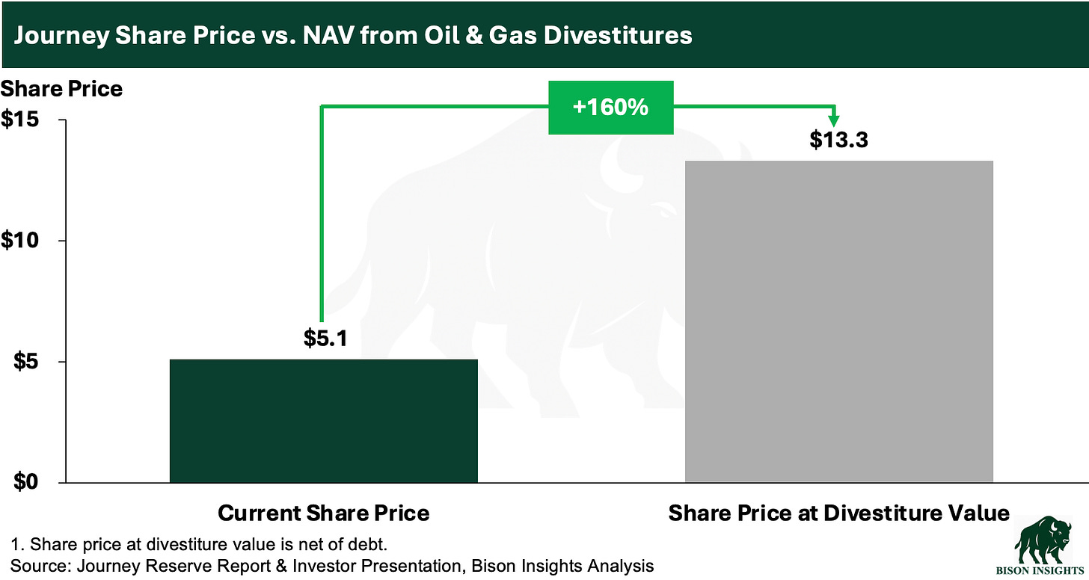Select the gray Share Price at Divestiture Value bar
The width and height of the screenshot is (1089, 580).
pyautogui.click(x=838, y=321)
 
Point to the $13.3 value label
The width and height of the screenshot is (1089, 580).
pyautogui.click(x=838, y=140)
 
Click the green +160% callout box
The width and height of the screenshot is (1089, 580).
pyautogui.click(x=610, y=108)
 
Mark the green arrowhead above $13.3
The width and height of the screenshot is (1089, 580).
pyautogui.click(x=835, y=120)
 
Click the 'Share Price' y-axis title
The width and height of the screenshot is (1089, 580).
pyautogui.click(x=61, y=89)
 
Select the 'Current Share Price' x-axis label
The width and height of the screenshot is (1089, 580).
pyautogui.click(x=323, y=513)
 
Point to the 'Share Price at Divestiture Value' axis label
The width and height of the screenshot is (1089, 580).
pyautogui.click(x=838, y=513)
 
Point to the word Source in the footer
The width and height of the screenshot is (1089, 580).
pyautogui.click(x=34, y=566)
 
